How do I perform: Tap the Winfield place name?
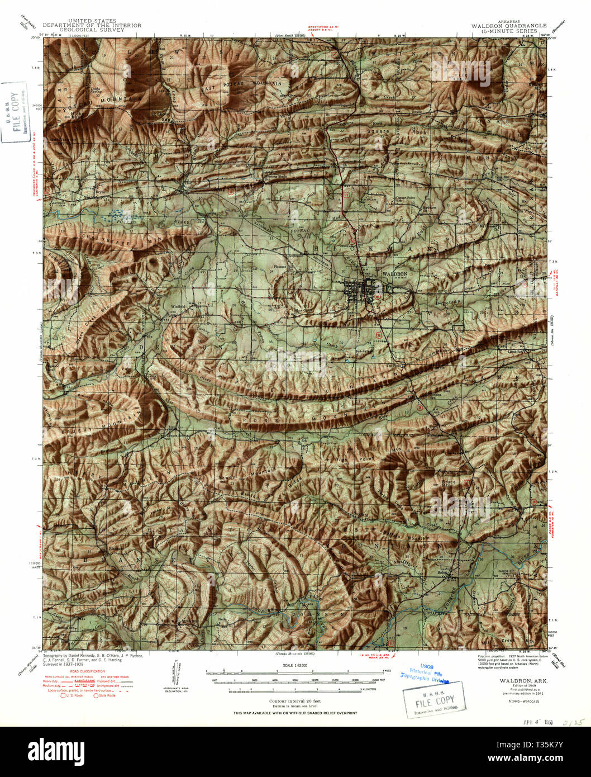click(178, 306)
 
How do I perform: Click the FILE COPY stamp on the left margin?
click(16, 112)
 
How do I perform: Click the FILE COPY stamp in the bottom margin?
click(435, 701)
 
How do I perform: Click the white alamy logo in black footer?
click(56, 751)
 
